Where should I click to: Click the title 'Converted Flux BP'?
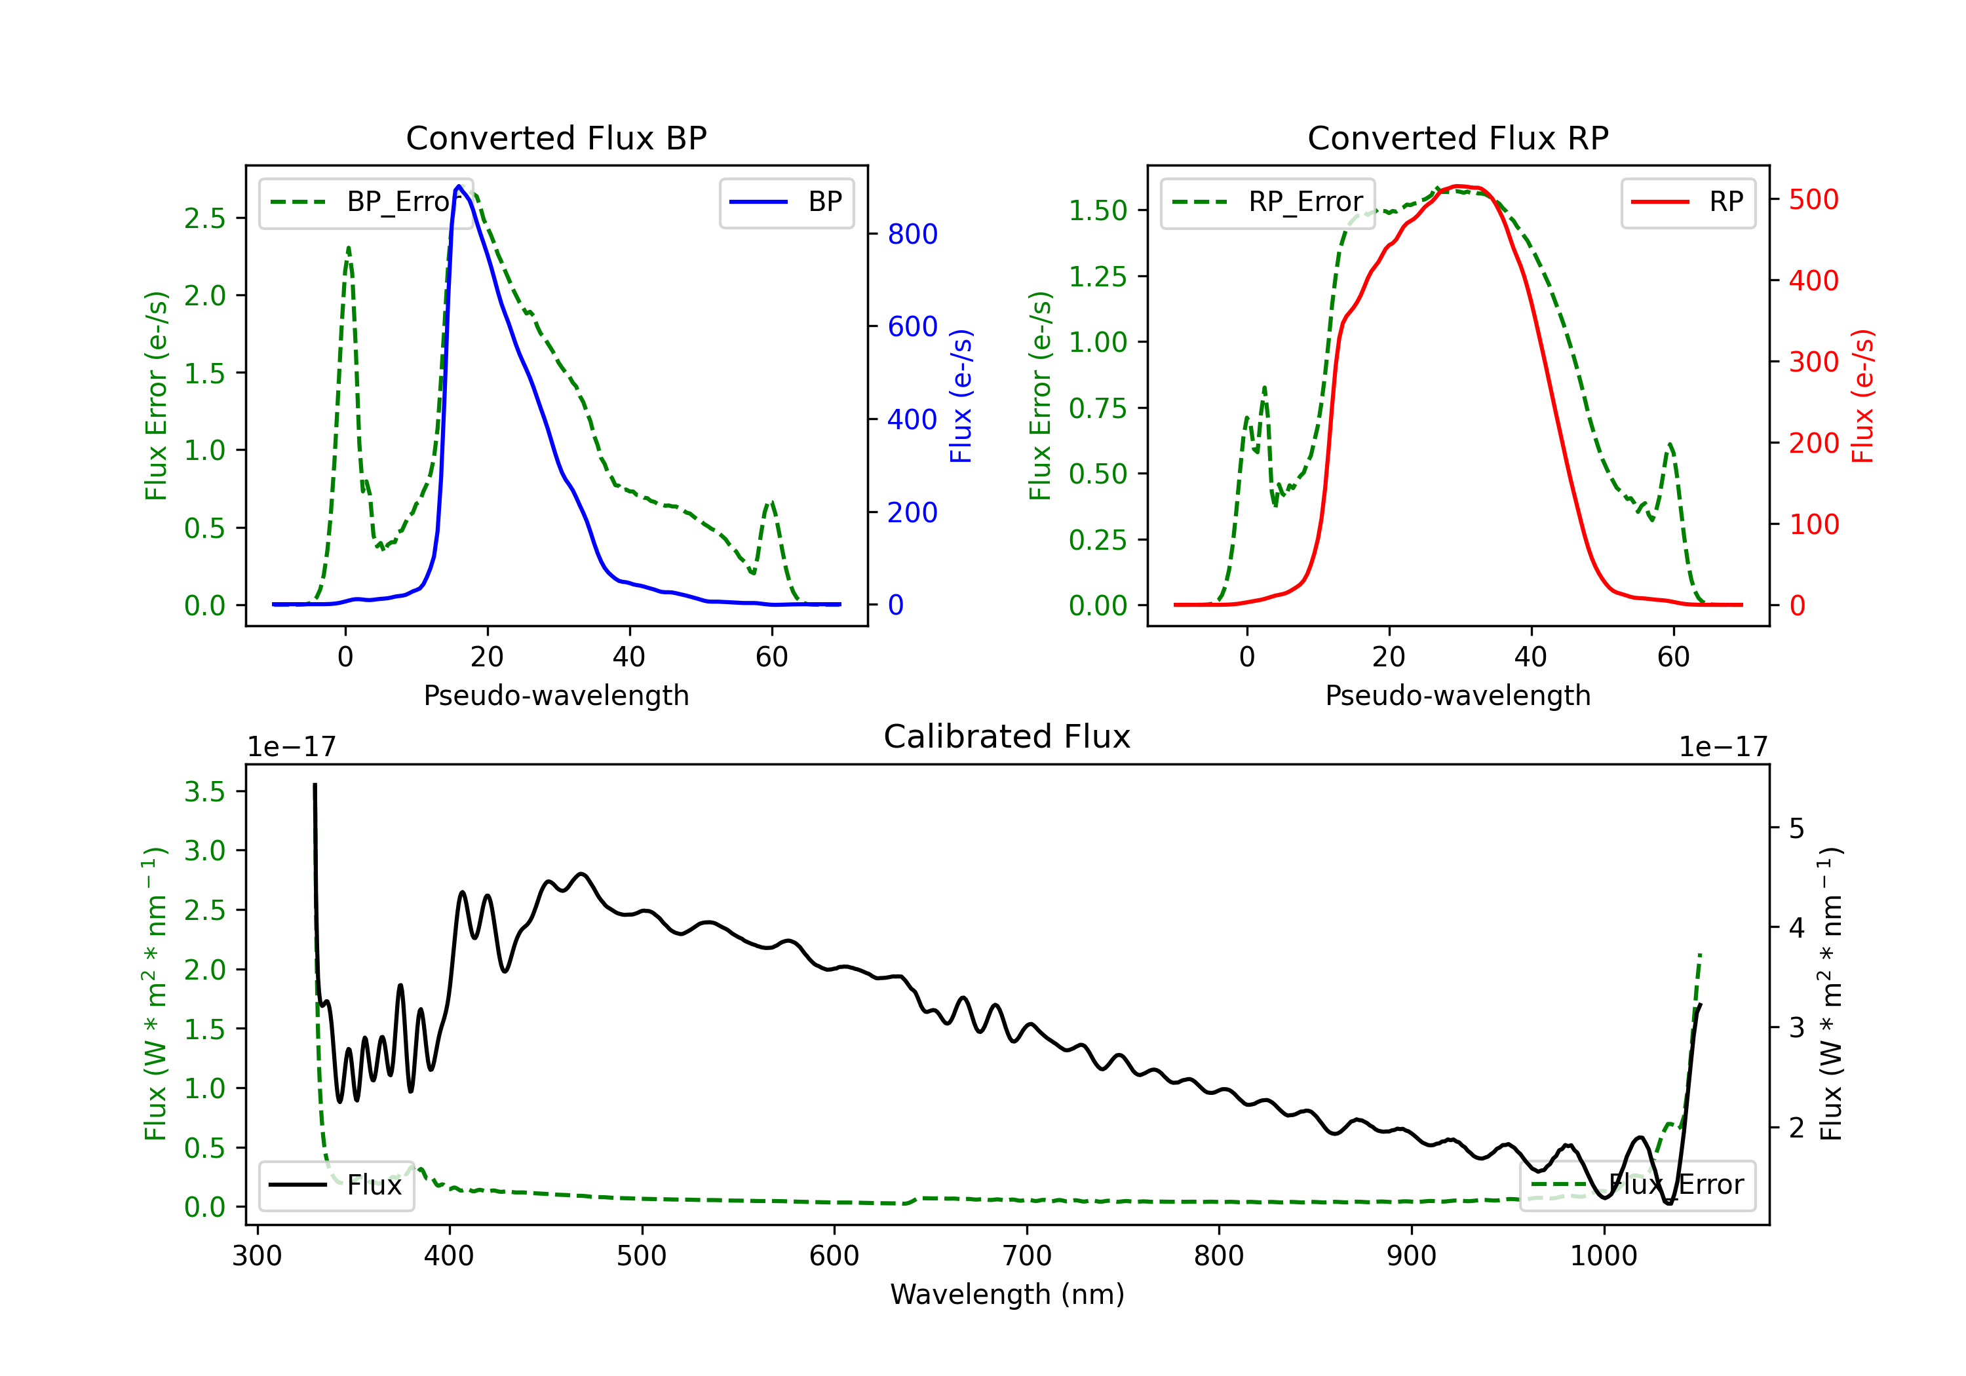556,138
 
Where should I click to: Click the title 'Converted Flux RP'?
1457,138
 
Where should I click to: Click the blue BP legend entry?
786,202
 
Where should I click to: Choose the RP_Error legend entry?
1267,202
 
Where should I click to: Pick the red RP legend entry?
1687,202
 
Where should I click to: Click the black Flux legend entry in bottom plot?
336,1185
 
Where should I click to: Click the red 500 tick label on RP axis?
1813,199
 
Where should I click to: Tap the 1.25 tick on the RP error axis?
1098,277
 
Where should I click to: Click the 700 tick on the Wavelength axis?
1027,1256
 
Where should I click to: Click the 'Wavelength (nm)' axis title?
1007,1294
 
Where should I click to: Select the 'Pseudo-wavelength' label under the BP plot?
556,695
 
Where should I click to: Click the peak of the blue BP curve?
459,186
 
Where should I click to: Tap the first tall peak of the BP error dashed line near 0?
349,248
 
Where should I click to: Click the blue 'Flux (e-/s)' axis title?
961,396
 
